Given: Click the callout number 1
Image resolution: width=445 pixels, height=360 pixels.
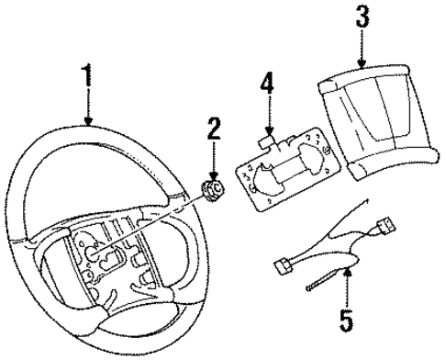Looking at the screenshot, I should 88,79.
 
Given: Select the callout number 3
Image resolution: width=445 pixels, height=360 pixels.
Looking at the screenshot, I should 362,17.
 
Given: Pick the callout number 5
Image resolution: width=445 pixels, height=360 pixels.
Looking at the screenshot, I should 346,323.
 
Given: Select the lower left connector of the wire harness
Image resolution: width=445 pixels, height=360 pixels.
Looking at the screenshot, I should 283,266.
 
